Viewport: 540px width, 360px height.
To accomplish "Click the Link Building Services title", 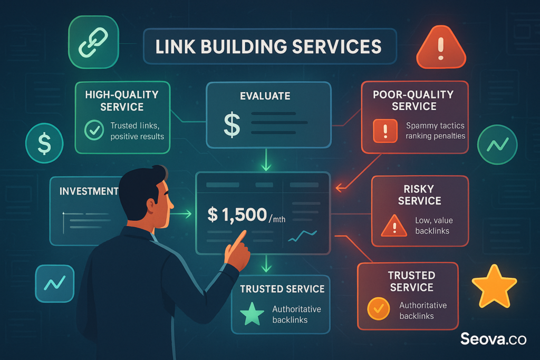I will (268, 46).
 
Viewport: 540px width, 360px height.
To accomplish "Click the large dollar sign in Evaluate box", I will (232, 124).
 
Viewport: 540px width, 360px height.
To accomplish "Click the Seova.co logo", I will (493, 338).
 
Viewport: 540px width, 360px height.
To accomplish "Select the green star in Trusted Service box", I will (252, 313).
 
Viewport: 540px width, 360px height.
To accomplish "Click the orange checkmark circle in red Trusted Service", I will (378, 309).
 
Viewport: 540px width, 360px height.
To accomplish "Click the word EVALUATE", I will (265, 96).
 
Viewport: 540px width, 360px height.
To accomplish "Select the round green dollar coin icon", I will (45, 143).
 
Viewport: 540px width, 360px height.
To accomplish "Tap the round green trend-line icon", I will (497, 143).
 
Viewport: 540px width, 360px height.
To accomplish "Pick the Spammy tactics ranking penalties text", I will (436, 131).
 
